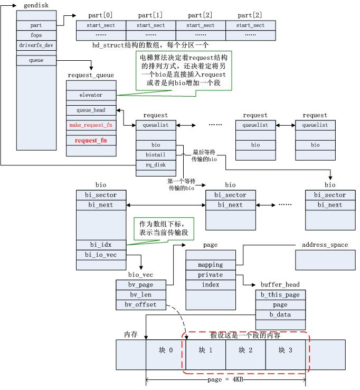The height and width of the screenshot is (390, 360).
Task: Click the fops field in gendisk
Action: [36, 35]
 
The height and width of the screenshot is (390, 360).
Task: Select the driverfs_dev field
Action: [36, 45]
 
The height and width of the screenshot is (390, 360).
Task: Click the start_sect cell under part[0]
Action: [101, 25]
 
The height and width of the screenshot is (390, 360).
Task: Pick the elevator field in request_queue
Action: [91, 95]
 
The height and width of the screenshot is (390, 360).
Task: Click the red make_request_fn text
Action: [91, 125]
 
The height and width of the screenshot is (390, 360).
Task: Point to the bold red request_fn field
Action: [91, 141]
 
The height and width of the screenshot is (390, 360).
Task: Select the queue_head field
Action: [91, 110]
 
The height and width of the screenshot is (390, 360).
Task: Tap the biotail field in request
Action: [156, 154]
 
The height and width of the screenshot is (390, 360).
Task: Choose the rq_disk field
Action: [156, 164]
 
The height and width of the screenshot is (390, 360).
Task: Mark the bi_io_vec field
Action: [100, 255]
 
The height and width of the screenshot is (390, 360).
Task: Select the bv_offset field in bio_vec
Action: [140, 305]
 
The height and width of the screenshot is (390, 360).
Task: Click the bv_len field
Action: [140, 295]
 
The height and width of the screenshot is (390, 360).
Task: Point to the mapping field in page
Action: [211, 265]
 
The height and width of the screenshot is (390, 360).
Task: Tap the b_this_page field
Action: [280, 295]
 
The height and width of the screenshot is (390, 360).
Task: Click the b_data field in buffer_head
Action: [280, 315]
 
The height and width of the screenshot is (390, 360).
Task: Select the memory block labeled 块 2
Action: [245, 350]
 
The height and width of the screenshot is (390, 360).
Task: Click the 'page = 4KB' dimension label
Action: [225, 379]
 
